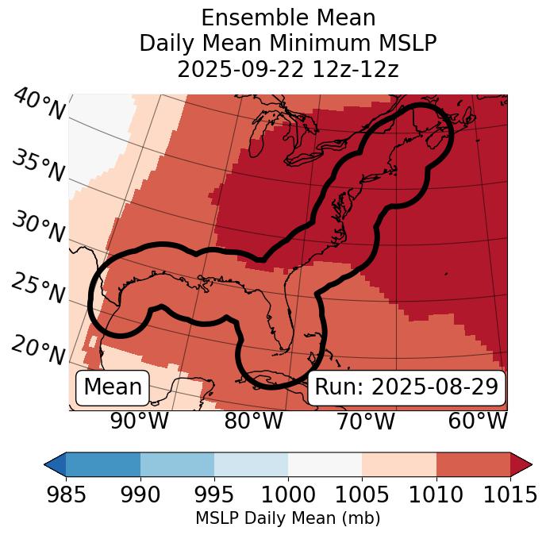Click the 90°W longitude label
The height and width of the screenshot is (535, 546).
coord(140,421)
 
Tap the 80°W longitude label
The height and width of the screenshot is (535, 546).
coord(254,421)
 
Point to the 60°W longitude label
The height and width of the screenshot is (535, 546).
coord(478,421)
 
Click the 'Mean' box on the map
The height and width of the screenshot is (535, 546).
coord(113,387)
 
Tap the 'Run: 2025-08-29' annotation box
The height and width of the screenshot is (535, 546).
coord(406,387)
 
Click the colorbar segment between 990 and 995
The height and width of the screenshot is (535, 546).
coord(177,464)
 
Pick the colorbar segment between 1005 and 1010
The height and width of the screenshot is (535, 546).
coord(399,464)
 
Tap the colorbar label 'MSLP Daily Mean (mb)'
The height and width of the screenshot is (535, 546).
coord(287,518)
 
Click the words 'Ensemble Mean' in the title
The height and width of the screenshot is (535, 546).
coord(288,18)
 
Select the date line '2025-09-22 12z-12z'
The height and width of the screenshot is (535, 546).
coord(288,69)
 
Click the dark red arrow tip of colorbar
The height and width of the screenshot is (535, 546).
coord(521,464)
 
